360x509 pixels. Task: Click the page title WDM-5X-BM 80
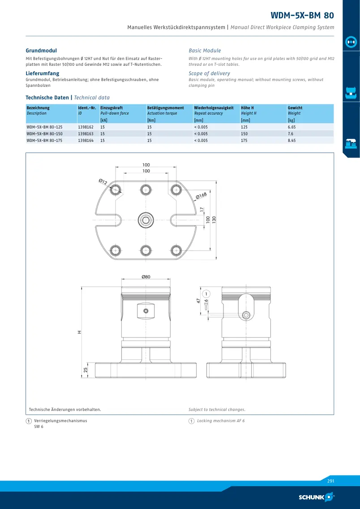coord(302,15)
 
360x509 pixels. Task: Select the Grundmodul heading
coord(41,51)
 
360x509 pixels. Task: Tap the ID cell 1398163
coord(86,134)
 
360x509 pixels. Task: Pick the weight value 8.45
coord(292,141)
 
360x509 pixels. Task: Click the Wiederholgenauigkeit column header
coord(214,108)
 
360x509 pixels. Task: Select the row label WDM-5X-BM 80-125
coord(44,127)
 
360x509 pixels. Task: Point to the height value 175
coord(244,141)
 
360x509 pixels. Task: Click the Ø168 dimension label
coord(201,196)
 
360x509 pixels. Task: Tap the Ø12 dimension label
coord(103,182)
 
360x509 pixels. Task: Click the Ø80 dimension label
coord(146,277)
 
